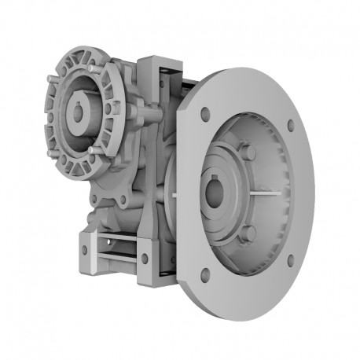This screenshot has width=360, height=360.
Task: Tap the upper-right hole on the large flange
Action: [x=290, y=125]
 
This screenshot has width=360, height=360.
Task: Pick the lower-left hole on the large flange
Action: [x=205, y=274]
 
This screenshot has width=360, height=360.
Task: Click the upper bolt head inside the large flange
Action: [x=248, y=152]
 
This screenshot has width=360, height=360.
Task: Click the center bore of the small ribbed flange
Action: [x=79, y=112]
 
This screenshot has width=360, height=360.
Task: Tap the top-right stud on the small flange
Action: [x=97, y=70]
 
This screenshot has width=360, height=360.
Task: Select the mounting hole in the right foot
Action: [x=145, y=258]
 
